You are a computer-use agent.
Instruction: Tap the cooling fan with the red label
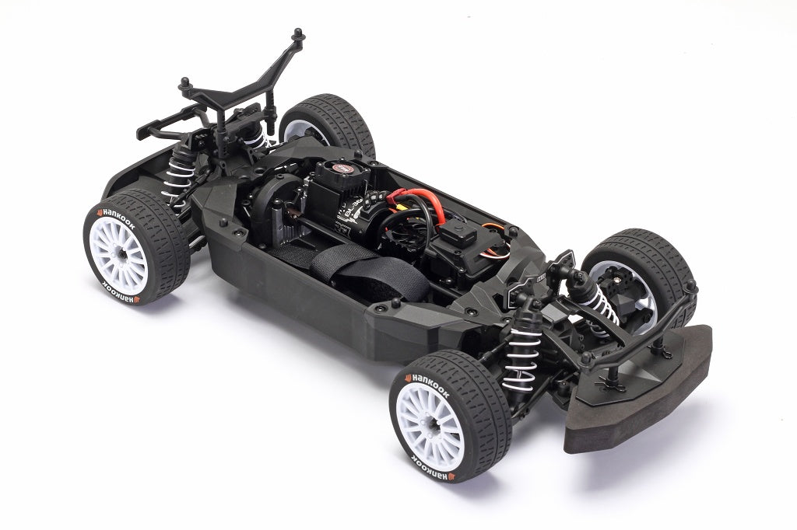pyautogui.click(x=340, y=170)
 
